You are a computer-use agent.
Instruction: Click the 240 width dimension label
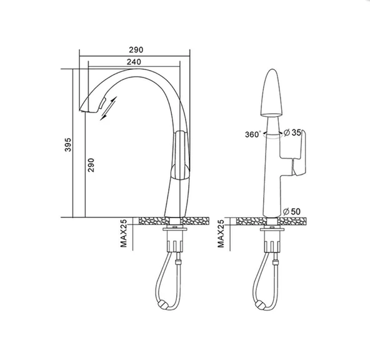tap(134, 62)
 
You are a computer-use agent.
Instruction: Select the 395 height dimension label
tap(68, 144)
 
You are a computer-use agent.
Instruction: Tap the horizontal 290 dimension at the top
tap(136, 50)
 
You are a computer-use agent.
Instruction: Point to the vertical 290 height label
tap(91, 165)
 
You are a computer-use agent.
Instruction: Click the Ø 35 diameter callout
tap(292, 132)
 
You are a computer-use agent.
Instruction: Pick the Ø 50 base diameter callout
tap(292, 211)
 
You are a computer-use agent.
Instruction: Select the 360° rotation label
tap(253, 134)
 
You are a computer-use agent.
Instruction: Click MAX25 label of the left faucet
tap(123, 233)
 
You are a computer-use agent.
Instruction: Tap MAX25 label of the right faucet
tap(221, 234)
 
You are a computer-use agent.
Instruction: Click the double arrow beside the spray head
tap(108, 108)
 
